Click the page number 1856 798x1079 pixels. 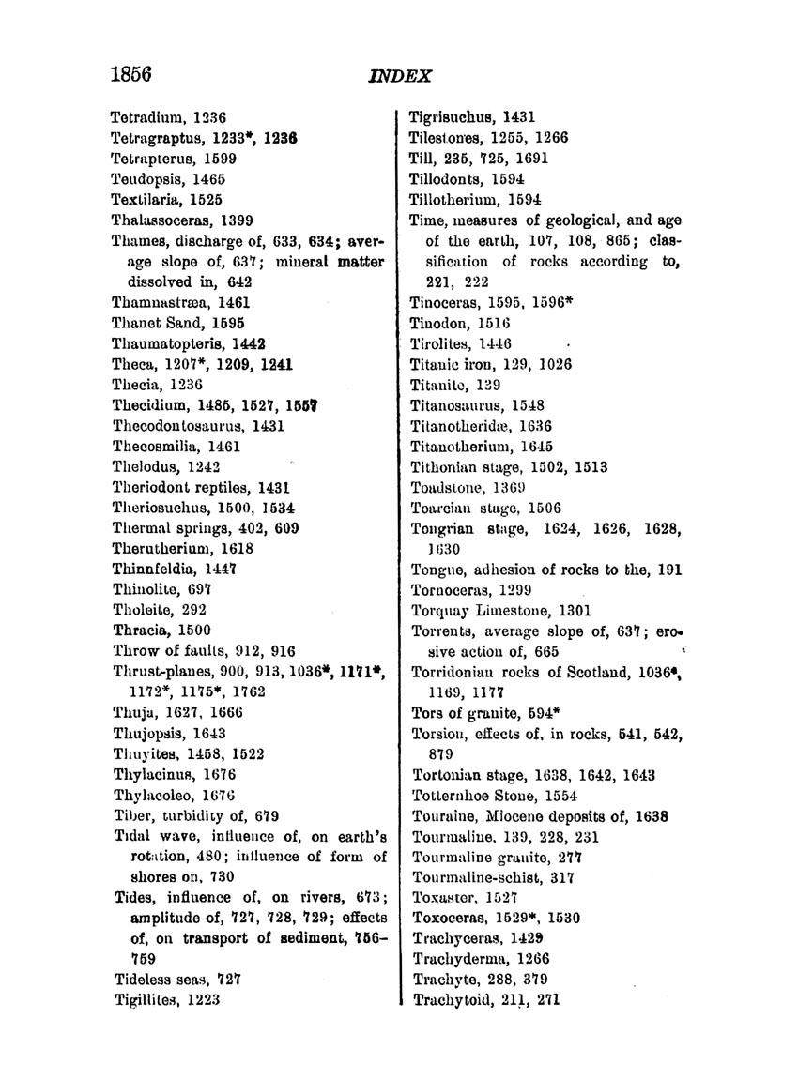coord(130,73)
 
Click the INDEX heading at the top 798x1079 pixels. coord(399,75)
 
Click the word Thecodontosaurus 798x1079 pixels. coord(171,426)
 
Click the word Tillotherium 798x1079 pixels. coord(454,200)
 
